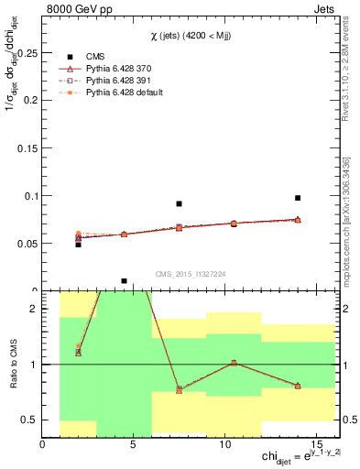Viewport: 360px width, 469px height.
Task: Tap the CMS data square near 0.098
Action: (298, 198)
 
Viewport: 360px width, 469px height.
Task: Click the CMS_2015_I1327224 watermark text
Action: (192, 273)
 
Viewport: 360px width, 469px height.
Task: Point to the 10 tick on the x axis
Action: (225, 443)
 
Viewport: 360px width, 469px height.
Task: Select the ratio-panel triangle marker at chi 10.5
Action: (235, 363)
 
